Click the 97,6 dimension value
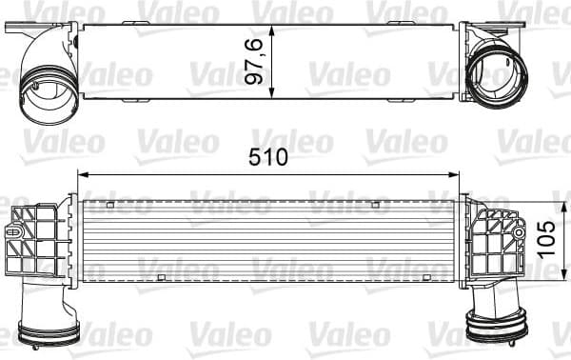click(255, 60)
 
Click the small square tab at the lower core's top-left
click(111, 205)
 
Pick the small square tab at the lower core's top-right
click(376, 205)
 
